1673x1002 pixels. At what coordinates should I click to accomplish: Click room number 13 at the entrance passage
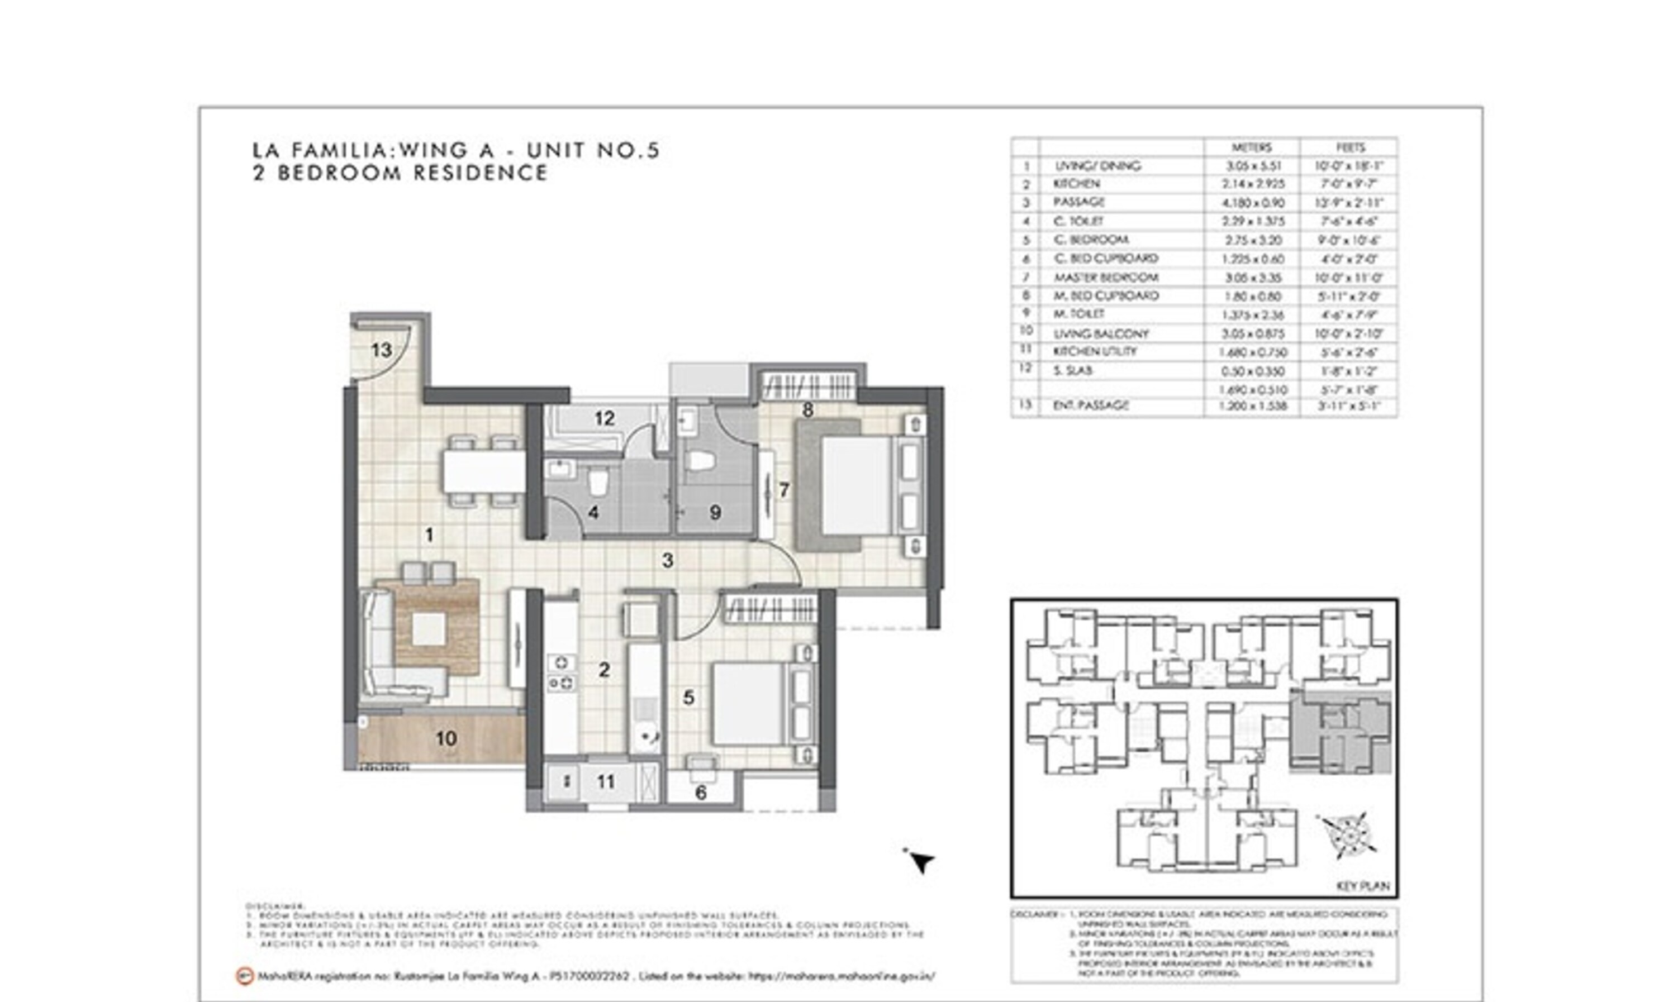click(381, 350)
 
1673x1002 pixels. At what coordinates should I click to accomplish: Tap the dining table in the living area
click(483, 471)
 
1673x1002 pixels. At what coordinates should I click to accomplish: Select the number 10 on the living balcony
click(446, 739)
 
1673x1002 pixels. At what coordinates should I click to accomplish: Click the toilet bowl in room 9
click(700, 461)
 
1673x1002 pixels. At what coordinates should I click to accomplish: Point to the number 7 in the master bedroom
click(783, 490)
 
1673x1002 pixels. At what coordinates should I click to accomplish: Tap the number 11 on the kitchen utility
click(606, 782)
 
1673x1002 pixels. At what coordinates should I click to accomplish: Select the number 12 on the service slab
click(604, 419)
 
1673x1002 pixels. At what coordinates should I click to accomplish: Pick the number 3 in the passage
click(667, 560)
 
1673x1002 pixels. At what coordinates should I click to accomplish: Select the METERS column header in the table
click(1251, 147)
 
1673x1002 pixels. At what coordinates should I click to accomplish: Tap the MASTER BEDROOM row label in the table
click(1106, 278)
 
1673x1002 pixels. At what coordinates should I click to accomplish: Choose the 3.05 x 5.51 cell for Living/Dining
click(1252, 166)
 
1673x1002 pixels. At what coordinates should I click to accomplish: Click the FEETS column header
click(1349, 147)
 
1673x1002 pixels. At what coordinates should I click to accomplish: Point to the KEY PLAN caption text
click(1362, 886)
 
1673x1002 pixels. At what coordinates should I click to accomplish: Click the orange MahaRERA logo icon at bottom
click(245, 976)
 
